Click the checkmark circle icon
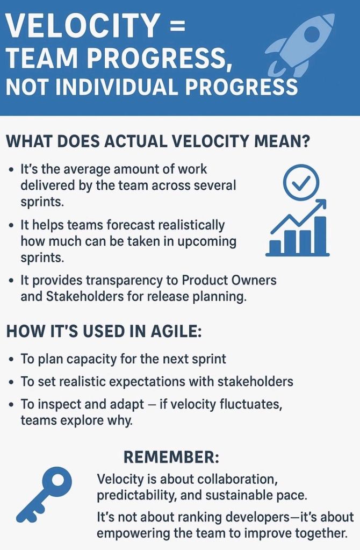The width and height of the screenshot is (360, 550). pyautogui.click(x=301, y=182)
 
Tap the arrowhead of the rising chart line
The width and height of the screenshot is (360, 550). pyautogui.click(x=321, y=204)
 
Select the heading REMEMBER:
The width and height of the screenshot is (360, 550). pyautogui.click(x=171, y=457)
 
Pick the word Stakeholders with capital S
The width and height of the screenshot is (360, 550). pyautogui.click(x=85, y=297)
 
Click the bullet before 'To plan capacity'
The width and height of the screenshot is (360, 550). pyautogui.click(x=12, y=360)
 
